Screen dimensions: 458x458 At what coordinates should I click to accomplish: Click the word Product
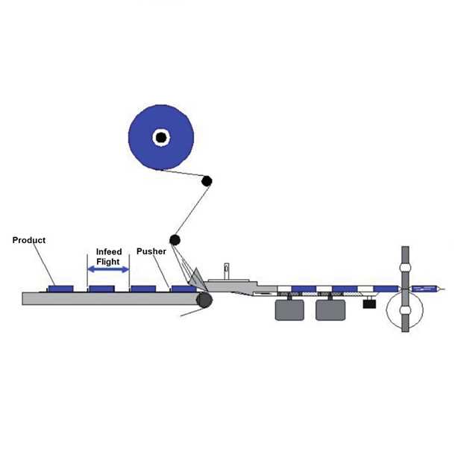point(29,240)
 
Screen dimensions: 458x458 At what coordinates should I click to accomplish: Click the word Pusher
point(151,251)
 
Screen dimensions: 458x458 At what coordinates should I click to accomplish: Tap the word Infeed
point(109,252)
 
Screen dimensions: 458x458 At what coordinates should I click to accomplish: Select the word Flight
point(109,262)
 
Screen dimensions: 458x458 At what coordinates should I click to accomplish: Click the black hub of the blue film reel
point(160,137)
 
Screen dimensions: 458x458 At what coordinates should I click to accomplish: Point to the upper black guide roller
point(207,181)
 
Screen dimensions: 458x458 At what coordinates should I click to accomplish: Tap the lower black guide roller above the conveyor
point(175,239)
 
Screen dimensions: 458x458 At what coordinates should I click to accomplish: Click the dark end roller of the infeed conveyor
point(202,300)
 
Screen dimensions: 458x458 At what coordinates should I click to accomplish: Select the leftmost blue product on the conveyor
point(61,288)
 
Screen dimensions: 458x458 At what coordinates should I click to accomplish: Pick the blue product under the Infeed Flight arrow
point(100,288)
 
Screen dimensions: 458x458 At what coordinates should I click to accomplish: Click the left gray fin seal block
point(289,310)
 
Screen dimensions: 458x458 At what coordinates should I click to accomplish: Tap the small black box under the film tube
point(368,303)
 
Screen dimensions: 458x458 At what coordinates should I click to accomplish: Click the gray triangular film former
point(196,278)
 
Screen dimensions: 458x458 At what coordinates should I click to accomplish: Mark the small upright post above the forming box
point(225,269)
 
